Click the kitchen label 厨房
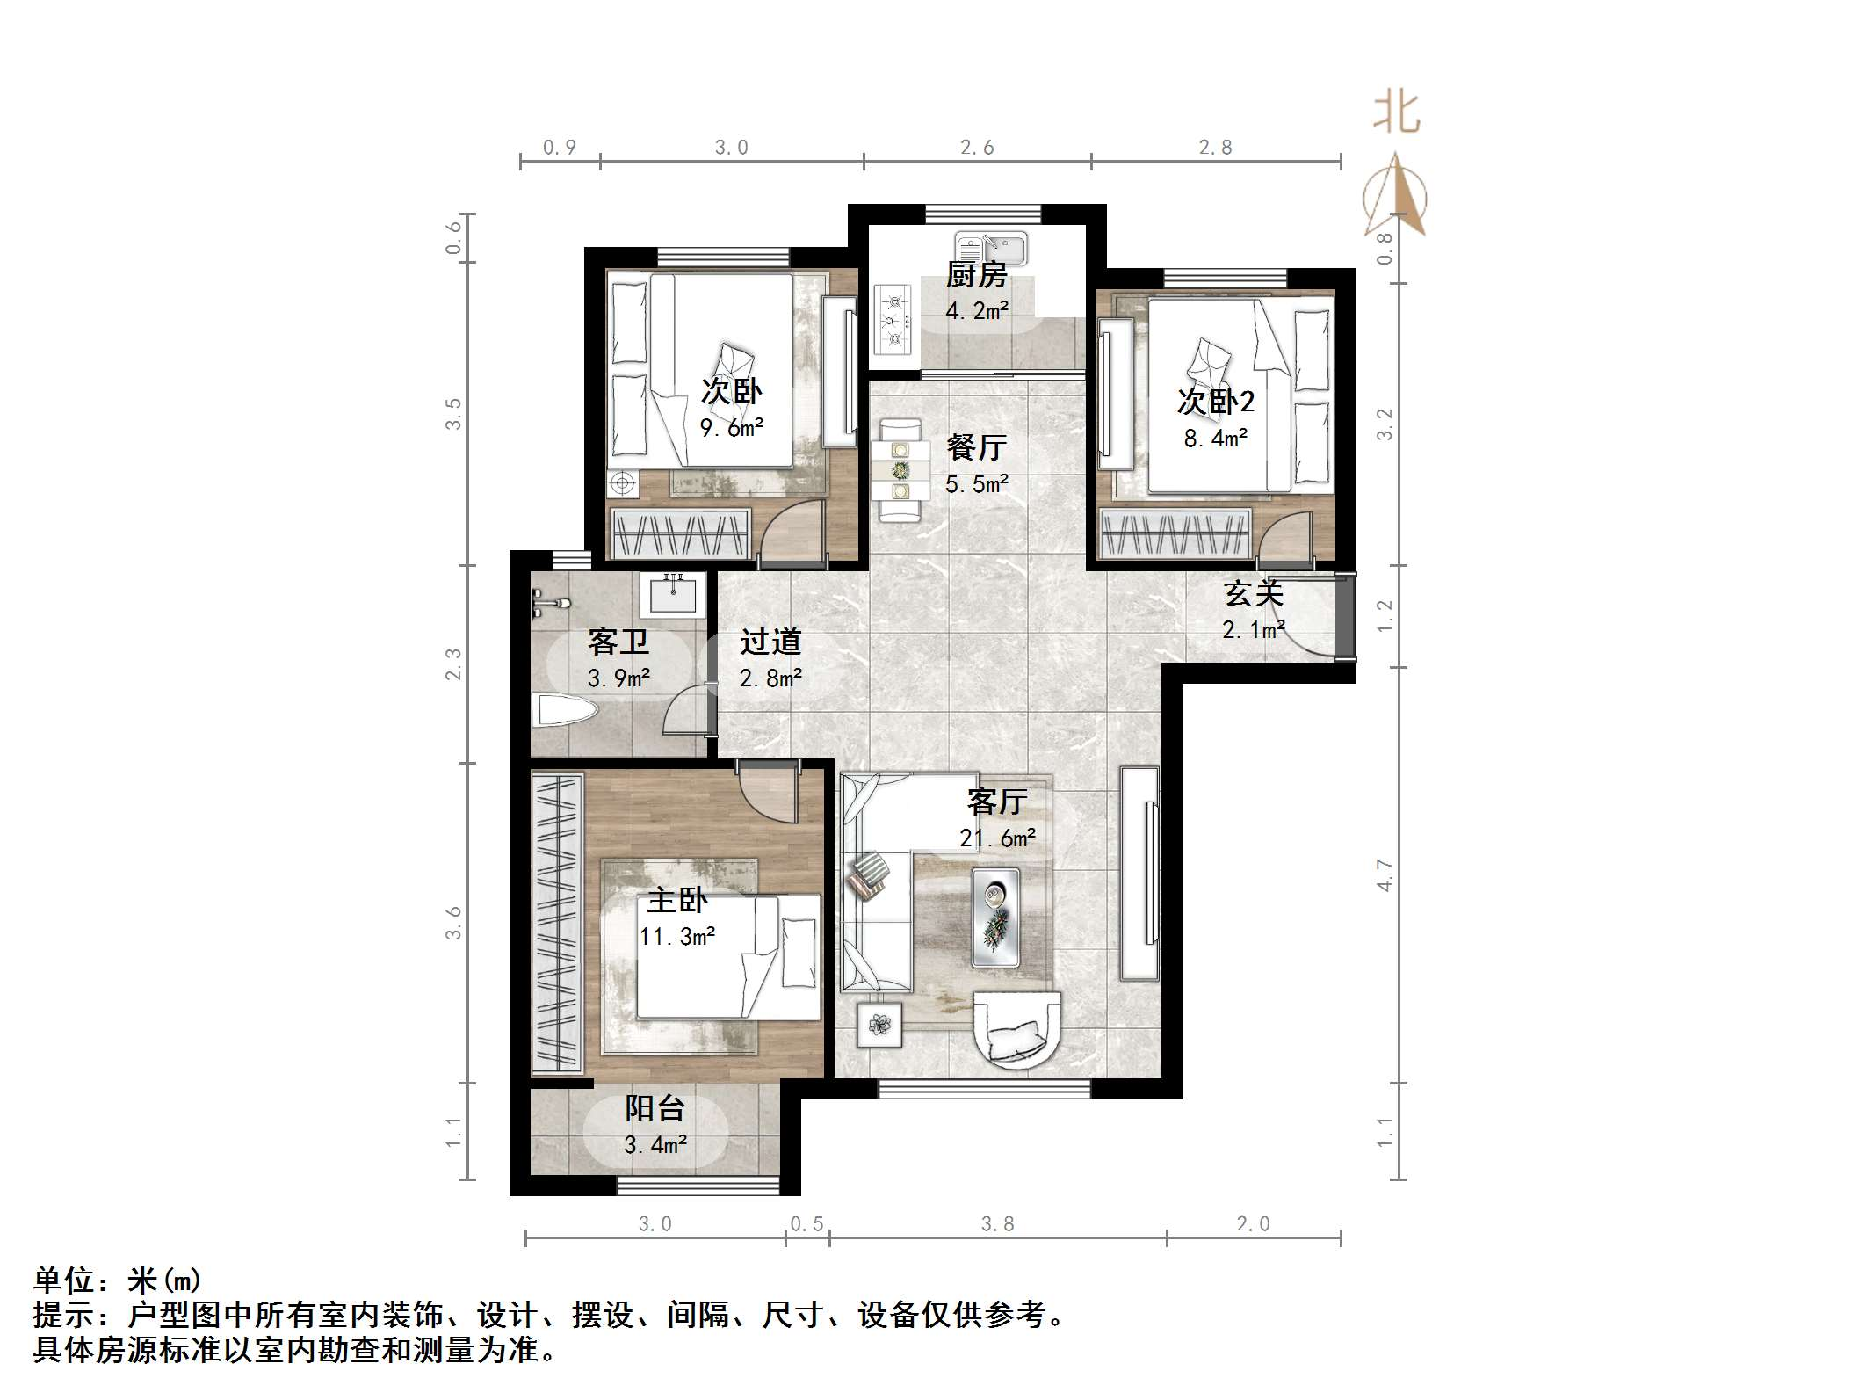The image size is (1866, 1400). (x=976, y=275)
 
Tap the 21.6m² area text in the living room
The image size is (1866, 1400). (x=997, y=838)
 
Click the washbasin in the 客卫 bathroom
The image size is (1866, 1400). (x=674, y=594)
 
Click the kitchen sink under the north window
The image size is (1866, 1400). (x=992, y=248)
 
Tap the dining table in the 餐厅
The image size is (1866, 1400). (x=900, y=470)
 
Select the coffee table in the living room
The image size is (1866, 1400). (x=995, y=918)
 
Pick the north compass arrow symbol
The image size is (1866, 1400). (x=1396, y=197)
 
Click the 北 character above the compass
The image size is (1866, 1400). (x=1396, y=114)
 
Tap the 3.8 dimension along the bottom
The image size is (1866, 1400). (x=997, y=1224)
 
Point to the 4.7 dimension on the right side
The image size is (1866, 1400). (x=1385, y=875)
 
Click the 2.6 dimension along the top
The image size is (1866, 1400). (x=976, y=148)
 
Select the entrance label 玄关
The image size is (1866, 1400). (x=1254, y=594)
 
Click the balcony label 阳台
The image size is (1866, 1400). (x=655, y=1108)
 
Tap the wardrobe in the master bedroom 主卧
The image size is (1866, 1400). (x=557, y=922)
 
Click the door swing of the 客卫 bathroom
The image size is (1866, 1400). (x=685, y=710)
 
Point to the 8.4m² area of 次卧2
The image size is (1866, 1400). (x=1216, y=438)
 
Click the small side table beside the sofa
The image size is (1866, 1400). (x=879, y=1024)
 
